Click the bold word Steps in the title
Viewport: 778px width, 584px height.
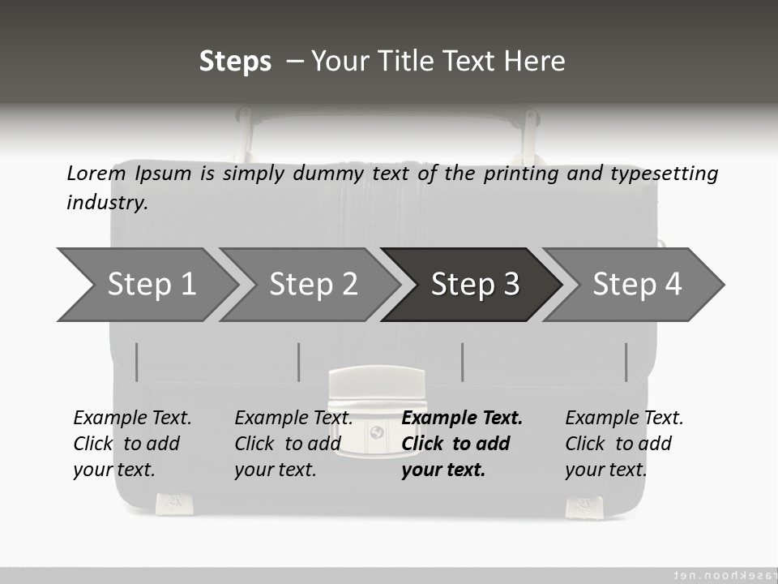235,61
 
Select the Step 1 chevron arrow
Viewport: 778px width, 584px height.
147,285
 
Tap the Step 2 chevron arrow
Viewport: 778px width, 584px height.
310,285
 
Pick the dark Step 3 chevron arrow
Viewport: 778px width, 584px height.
472,285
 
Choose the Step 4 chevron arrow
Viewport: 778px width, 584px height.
634,285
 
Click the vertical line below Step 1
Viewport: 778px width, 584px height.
136,362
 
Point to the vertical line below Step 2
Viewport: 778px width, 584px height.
299,362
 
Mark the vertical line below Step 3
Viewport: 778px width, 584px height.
462,362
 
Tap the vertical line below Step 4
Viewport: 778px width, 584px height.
626,362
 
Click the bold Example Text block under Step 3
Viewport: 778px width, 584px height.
462,444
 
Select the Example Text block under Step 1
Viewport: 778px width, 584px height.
132,444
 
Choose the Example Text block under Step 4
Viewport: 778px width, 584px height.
624,444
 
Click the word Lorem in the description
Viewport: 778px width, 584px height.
96,174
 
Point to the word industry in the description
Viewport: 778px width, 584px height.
107,203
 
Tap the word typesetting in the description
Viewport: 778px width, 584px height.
665,174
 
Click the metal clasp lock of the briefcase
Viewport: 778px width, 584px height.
377,410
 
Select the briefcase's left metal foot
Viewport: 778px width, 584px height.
172,504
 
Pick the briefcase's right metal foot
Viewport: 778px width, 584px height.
584,507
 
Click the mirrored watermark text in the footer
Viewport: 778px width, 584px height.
725,575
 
